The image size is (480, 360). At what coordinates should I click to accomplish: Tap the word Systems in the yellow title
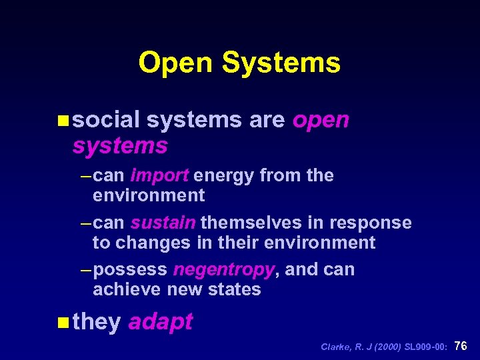tap(281, 63)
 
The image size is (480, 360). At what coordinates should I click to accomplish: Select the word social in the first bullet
tap(106, 120)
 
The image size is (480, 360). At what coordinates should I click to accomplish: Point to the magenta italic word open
tap(321, 121)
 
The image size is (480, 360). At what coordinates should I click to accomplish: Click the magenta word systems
tap(120, 145)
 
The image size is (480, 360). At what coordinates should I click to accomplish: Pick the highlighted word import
tap(161, 175)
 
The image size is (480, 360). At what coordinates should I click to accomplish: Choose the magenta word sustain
tap(163, 223)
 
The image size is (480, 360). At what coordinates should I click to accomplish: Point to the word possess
tap(131, 270)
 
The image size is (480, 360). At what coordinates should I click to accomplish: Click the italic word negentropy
tap(223, 270)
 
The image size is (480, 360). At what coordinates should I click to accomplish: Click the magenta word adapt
tap(160, 322)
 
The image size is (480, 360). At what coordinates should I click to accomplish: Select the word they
tap(97, 322)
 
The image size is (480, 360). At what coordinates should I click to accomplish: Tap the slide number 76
tap(461, 346)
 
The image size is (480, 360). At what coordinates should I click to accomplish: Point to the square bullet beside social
tap(63, 121)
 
